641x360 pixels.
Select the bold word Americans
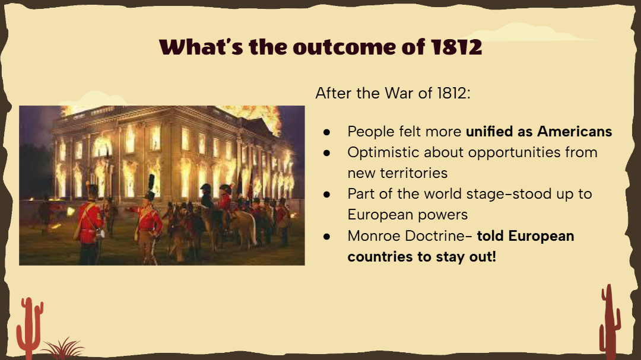pyautogui.click(x=575, y=132)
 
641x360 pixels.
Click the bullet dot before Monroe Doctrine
pyautogui.click(x=326, y=236)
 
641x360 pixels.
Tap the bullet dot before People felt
pyautogui.click(x=326, y=132)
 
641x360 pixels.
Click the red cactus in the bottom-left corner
pyautogui.click(x=30, y=327)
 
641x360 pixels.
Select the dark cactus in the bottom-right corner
pyautogui.click(x=610, y=321)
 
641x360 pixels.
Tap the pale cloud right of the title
pyautogui.click(x=531, y=33)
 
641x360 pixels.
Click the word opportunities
pyautogui.click(x=515, y=152)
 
